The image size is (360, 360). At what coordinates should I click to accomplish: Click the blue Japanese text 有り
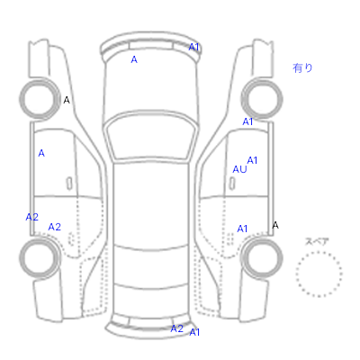(x=302, y=68)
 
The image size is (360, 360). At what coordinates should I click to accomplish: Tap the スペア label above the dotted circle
(x=317, y=241)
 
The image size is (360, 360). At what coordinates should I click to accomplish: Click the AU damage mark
(x=239, y=169)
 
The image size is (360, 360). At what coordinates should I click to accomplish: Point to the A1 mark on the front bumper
(x=194, y=47)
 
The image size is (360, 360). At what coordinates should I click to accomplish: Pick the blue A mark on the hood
(x=134, y=60)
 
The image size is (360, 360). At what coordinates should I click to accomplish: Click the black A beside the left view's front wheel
(x=67, y=100)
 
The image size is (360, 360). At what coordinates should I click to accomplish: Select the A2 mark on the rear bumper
(x=176, y=328)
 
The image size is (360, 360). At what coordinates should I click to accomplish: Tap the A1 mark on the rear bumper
(x=194, y=332)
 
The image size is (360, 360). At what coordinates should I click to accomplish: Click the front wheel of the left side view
(x=40, y=99)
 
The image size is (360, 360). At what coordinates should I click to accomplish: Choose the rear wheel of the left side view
(x=40, y=258)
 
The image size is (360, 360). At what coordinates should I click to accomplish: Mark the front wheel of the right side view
(x=262, y=99)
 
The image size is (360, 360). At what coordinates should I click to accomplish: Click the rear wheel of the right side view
(x=262, y=258)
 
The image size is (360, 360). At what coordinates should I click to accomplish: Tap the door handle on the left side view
(x=69, y=184)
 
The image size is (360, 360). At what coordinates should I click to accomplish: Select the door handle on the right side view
(x=232, y=184)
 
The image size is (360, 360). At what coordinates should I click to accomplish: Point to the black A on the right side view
(x=275, y=225)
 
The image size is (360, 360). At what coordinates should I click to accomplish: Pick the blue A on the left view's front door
(x=41, y=154)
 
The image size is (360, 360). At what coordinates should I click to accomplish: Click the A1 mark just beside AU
(x=252, y=160)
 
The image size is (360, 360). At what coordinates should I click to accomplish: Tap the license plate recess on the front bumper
(x=151, y=46)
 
